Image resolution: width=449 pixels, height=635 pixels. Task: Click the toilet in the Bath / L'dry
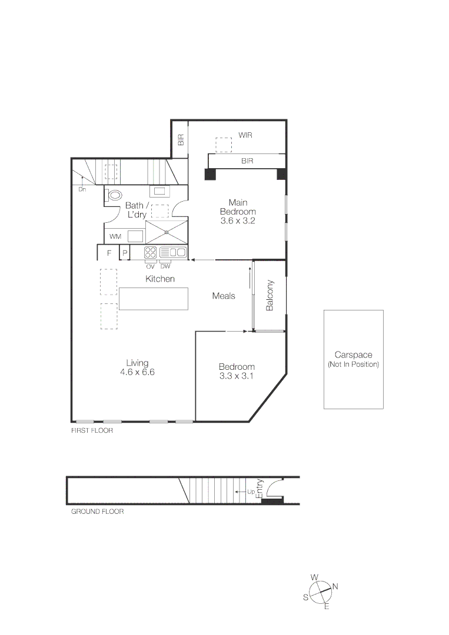coord(115,195)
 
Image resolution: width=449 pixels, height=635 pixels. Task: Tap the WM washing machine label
coord(115,236)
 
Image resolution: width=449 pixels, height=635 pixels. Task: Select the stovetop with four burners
coord(151,252)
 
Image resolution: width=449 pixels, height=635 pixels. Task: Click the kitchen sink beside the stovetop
coord(173,252)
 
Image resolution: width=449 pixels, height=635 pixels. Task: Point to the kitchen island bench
coord(154,299)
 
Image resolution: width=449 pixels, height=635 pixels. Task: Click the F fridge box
coord(109,253)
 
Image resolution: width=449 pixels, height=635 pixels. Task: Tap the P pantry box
coord(125,253)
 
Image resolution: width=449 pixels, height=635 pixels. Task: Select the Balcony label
coord(270,296)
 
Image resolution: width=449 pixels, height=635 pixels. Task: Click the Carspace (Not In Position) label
coord(353,359)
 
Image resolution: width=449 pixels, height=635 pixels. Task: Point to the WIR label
coord(245,135)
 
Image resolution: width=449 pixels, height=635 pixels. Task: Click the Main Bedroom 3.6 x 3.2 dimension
coord(238,221)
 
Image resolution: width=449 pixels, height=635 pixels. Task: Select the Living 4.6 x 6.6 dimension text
coord(137,372)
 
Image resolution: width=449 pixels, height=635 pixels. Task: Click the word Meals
coord(224,296)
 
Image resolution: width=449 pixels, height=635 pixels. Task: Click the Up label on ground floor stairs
coord(251,492)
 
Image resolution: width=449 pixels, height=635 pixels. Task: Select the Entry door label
coord(261,489)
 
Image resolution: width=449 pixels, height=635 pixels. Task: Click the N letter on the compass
coord(335,586)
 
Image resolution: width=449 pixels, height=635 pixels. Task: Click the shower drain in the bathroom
coord(167,232)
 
